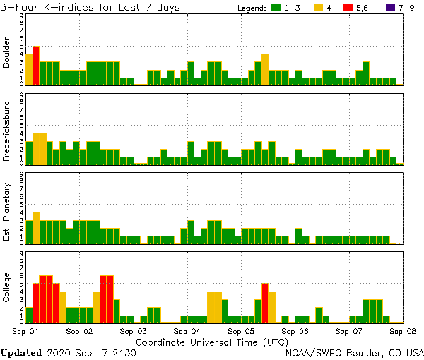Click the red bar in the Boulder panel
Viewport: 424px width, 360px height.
[x=36, y=65]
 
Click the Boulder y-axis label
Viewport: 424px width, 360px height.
[x=8, y=53]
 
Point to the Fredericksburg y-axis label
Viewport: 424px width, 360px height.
[x=8, y=132]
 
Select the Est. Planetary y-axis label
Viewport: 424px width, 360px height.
[x=8, y=211]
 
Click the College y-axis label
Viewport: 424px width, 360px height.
[x=8, y=289]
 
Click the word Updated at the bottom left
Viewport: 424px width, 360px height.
[x=21, y=352]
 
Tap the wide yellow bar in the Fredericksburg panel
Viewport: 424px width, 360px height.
[x=40, y=148]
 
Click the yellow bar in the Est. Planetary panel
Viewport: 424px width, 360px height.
[x=36, y=227]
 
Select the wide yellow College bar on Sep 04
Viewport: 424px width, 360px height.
[x=215, y=307]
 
